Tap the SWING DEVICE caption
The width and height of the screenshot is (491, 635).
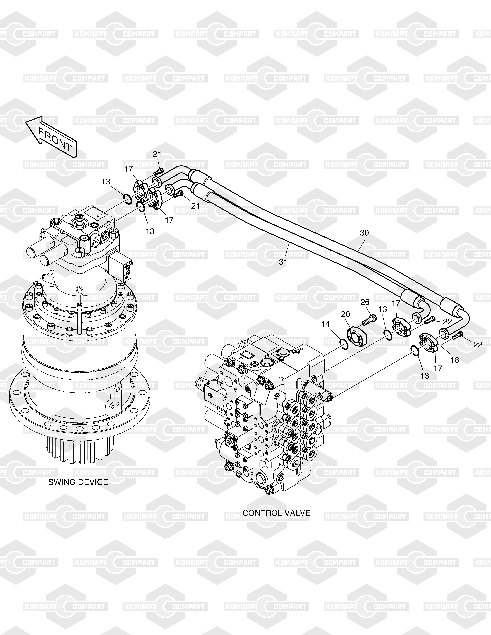[x=78, y=482]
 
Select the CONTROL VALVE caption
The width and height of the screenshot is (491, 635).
[x=276, y=521]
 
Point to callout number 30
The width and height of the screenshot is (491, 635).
[x=364, y=233]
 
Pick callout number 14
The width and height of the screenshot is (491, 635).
[x=326, y=324]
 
